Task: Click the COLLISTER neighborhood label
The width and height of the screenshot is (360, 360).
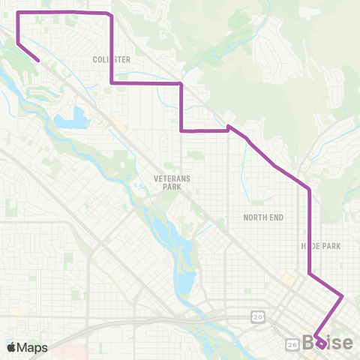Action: coord(111,59)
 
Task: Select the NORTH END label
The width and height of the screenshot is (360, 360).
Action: coord(263,217)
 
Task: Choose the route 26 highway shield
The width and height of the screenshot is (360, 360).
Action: coord(292,343)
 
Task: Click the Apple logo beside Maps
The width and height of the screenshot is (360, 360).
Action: coord(10,347)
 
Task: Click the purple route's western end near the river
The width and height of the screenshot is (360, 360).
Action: coord(38,60)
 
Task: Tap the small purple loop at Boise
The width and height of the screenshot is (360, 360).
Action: coord(321,342)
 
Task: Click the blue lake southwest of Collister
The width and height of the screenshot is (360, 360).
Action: coord(77,117)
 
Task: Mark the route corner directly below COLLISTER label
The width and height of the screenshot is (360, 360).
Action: coord(112,83)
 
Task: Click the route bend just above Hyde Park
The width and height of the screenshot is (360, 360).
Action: coord(308,189)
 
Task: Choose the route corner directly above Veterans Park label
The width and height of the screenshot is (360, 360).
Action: coord(181,130)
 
